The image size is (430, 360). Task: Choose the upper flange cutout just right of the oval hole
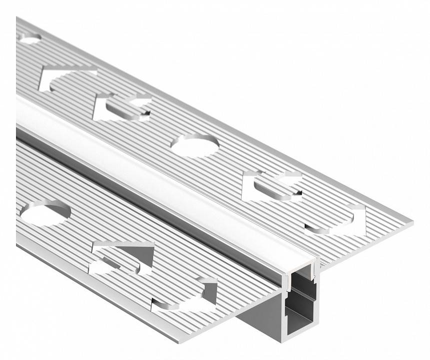click(x=273, y=186)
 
